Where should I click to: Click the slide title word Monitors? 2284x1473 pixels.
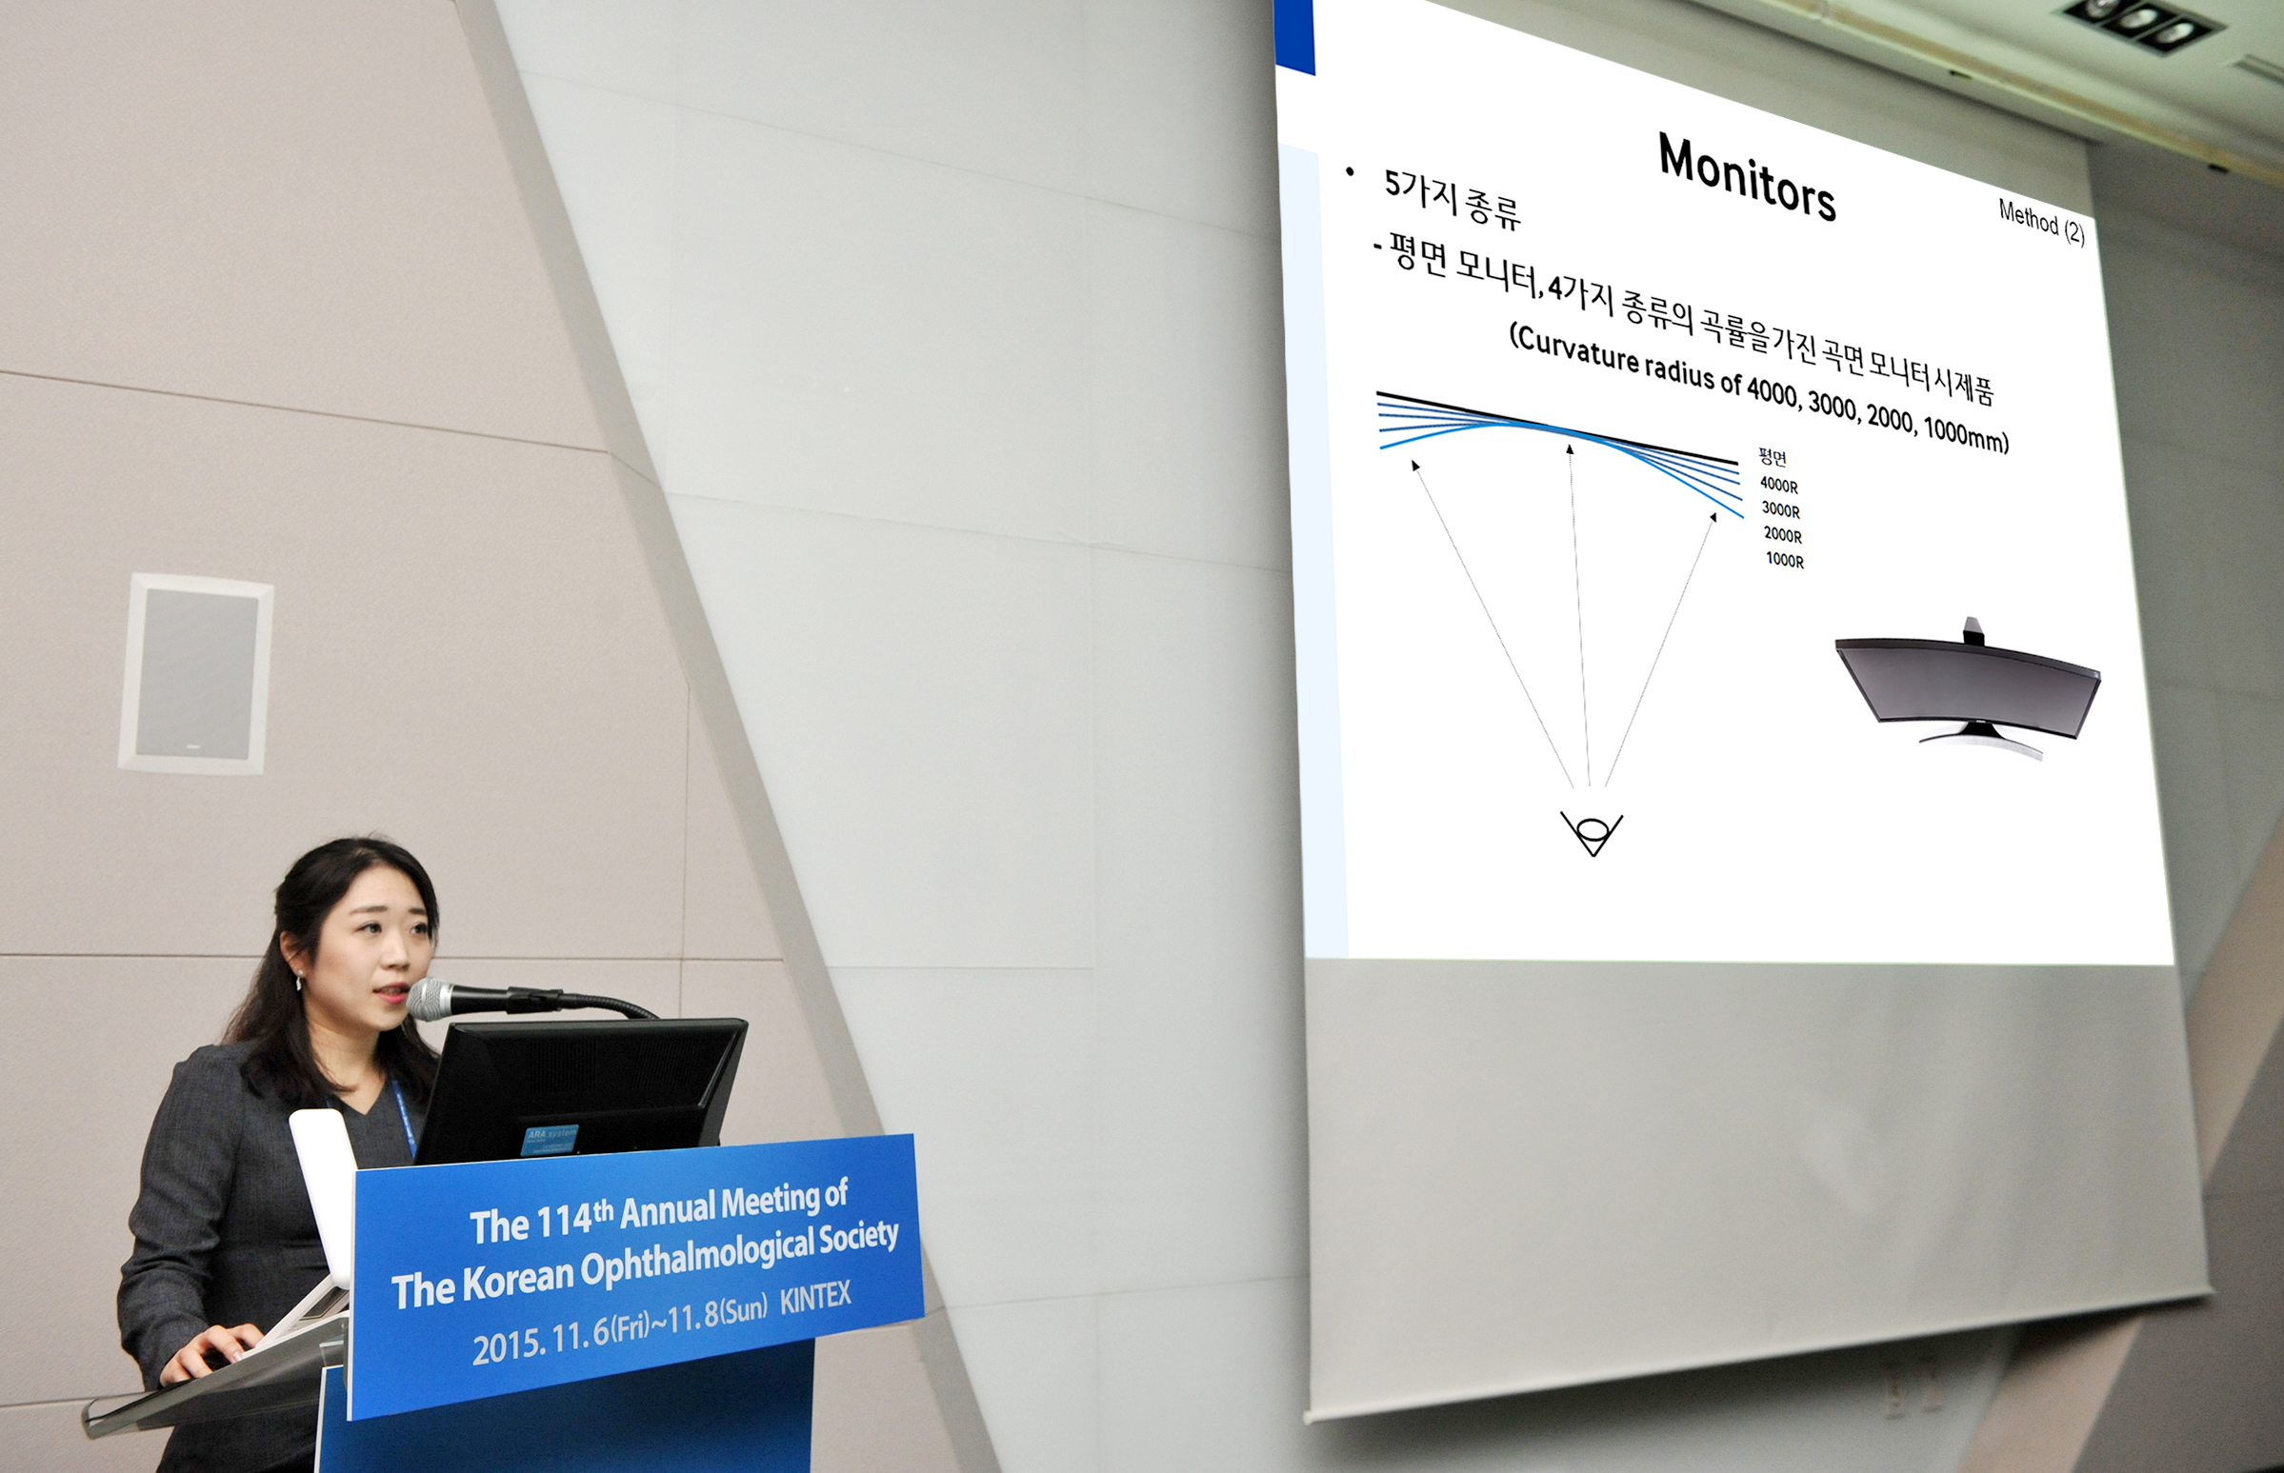[1746, 178]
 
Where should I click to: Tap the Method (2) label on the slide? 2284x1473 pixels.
[2041, 221]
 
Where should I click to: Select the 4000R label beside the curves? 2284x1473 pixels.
[1779, 485]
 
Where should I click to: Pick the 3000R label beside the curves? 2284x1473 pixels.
[1781, 509]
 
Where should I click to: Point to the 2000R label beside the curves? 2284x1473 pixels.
[1783, 535]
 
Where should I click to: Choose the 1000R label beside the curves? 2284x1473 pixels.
[1785, 560]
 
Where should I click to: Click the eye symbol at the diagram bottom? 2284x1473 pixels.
[1592, 831]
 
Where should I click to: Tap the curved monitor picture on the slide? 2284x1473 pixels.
[1967, 688]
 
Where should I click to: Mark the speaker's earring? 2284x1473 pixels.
[299, 980]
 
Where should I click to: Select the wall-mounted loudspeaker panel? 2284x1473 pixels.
[195, 673]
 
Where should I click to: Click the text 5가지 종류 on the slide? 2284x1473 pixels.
[1452, 198]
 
